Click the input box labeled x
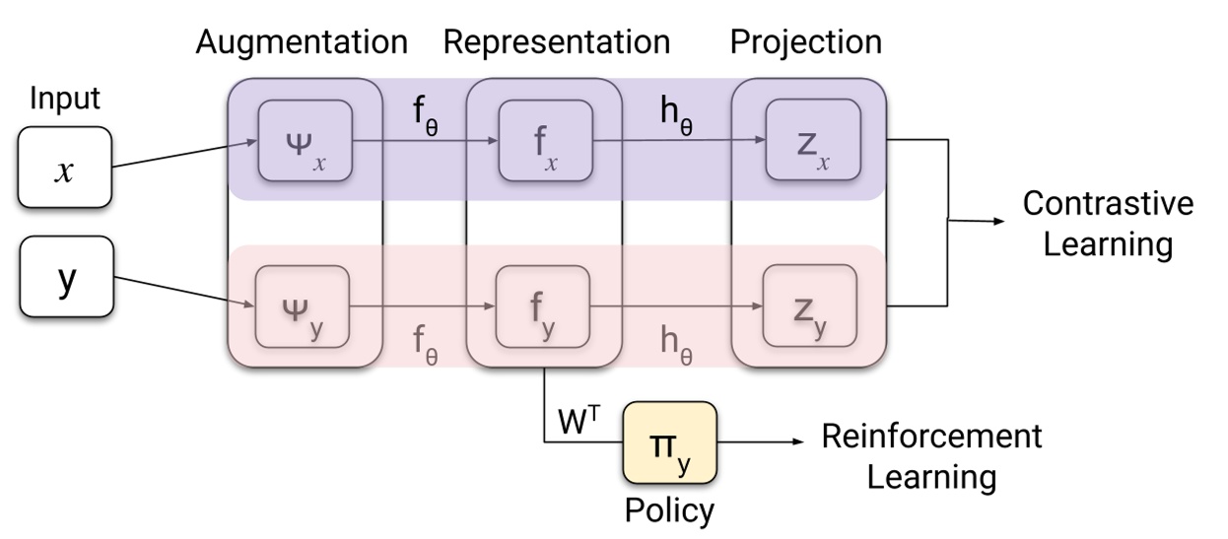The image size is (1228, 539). point(66,167)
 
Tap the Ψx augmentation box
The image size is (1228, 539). point(304,141)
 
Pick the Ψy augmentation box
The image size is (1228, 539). point(304,306)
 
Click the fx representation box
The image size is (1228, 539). point(544,141)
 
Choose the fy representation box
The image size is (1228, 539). point(544,306)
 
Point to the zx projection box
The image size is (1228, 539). point(810,141)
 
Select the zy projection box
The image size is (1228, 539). point(810,306)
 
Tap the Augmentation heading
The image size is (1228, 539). point(302,42)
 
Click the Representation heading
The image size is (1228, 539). point(557,42)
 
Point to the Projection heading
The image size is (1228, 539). point(806,42)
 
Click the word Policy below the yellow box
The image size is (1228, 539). point(670,511)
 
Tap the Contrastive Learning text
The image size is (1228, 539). point(1108,223)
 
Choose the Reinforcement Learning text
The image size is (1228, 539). point(931,455)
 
